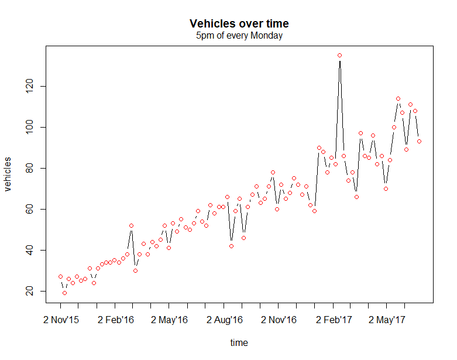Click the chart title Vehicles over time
point(239,24)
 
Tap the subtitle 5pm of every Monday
point(239,36)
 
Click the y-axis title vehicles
point(8,174)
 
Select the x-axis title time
point(239,343)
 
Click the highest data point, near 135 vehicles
point(339,56)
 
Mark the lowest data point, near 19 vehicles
point(64,293)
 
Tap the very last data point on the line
point(419,141)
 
